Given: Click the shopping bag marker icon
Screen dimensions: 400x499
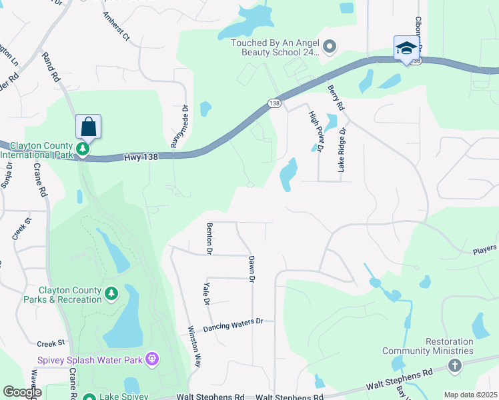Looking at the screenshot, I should point(88,125).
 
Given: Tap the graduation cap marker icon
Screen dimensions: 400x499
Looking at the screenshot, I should point(406,48).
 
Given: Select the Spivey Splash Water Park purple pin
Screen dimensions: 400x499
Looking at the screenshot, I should point(153,359).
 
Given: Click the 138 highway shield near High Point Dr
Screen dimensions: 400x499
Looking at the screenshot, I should point(275,103).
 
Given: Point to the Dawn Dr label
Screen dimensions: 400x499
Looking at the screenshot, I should point(252,269).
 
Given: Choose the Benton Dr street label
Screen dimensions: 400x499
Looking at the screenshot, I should point(209,239).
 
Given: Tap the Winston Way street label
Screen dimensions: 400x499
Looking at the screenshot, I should point(194,347).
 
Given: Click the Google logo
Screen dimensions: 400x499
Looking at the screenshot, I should point(22,392).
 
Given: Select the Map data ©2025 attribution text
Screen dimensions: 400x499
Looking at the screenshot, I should point(470,395).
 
